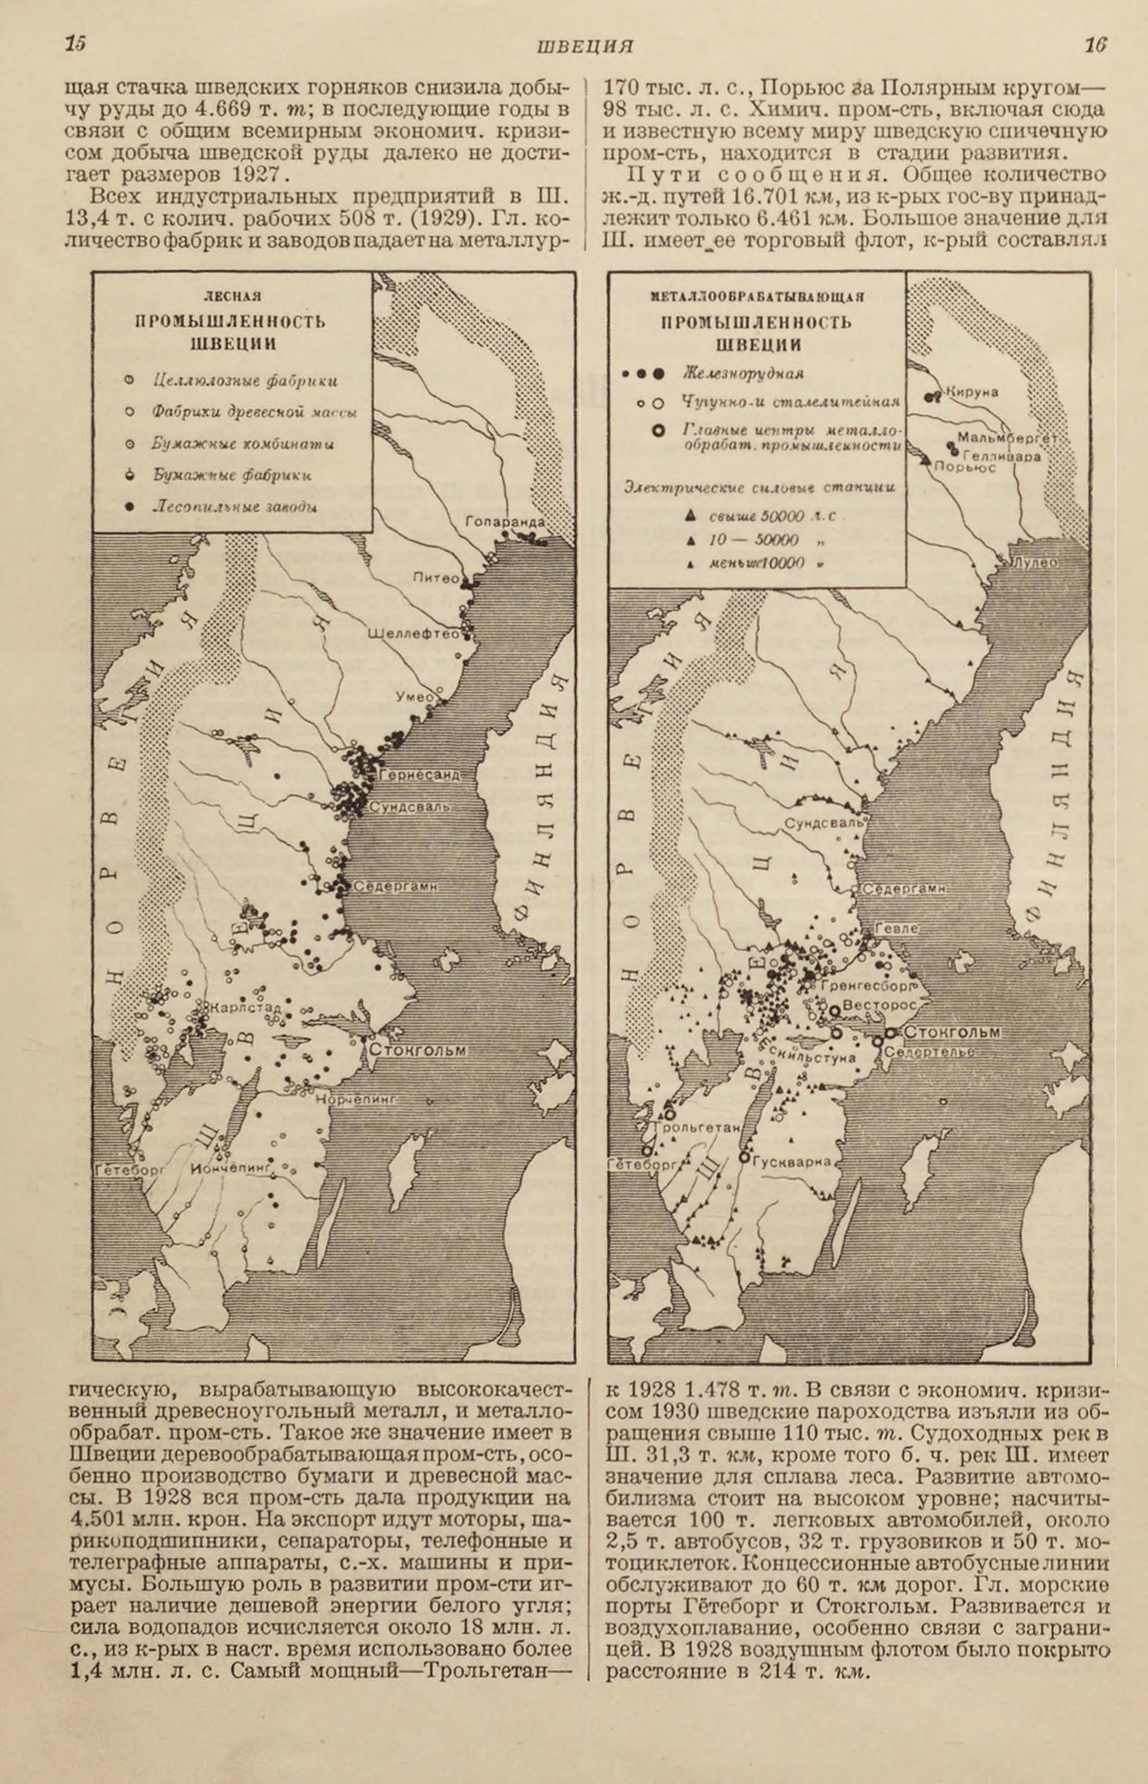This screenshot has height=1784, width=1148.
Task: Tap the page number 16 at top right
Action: point(1095,45)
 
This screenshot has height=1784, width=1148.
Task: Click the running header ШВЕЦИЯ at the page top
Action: point(585,47)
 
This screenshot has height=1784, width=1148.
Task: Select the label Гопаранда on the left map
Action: point(504,522)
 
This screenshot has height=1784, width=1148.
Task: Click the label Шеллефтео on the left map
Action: point(414,635)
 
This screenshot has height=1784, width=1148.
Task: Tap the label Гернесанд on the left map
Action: point(419,774)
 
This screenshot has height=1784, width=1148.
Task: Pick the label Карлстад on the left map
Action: point(245,1008)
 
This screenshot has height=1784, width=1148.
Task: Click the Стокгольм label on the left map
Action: point(418,1051)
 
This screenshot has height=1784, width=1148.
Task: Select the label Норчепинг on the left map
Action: point(355,1099)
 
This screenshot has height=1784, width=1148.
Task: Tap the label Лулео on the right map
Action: point(1035,563)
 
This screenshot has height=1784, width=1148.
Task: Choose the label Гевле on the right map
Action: point(896,929)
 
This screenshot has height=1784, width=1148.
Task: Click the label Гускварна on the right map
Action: point(790,1161)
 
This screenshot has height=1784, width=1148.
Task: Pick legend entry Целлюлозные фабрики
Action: point(245,380)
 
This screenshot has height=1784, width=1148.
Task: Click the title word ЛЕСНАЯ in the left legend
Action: point(233,297)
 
